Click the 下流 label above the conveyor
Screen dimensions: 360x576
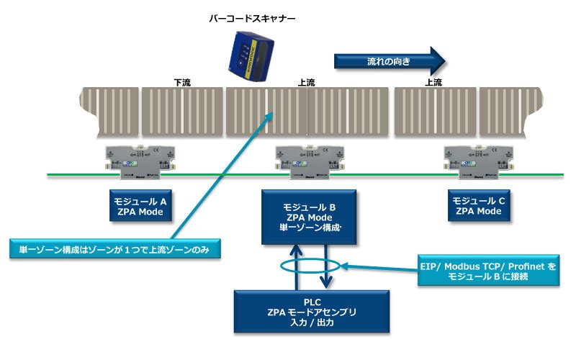[183, 82]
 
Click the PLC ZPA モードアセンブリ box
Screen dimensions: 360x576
[312, 312]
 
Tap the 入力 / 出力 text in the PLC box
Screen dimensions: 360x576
[312, 324]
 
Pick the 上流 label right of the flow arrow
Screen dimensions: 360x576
[433, 82]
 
